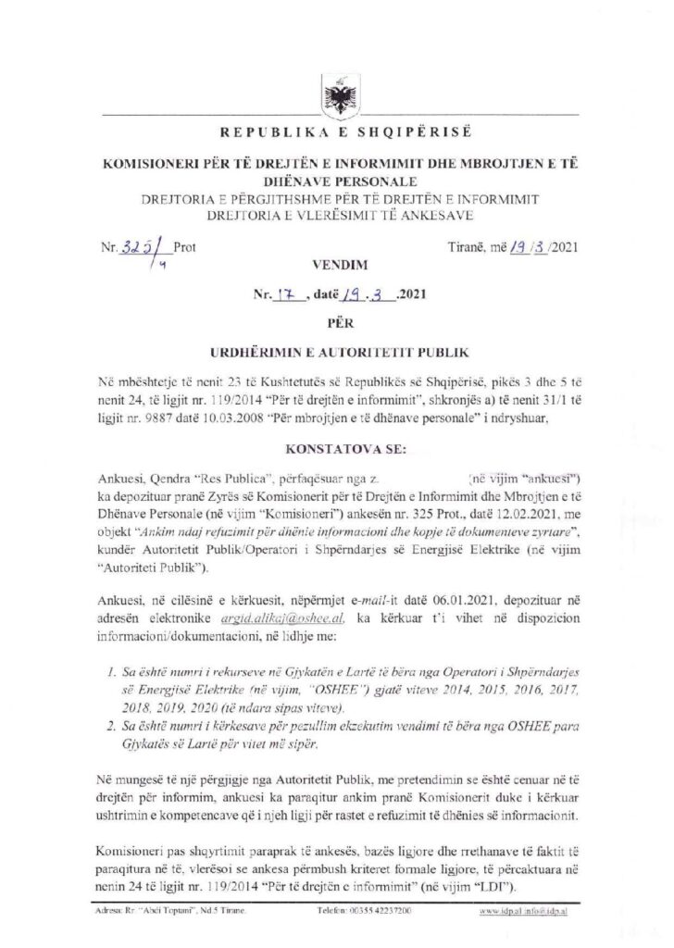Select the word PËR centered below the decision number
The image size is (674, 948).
(336, 325)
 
